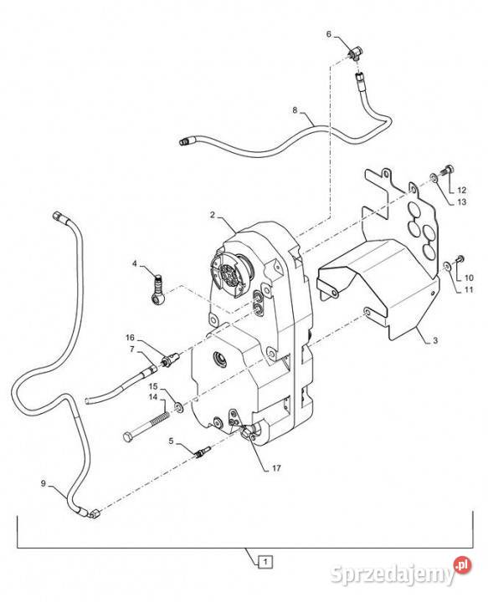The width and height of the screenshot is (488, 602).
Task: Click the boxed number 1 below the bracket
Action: [x=265, y=562]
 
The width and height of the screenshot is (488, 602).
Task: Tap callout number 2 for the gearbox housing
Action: [x=213, y=215]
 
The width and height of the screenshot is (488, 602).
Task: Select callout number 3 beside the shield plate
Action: [x=435, y=340]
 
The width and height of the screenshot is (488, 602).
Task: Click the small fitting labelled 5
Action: [x=202, y=451]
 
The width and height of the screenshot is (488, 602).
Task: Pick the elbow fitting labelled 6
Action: [x=355, y=54]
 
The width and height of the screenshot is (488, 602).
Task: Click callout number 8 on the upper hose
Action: [x=295, y=110]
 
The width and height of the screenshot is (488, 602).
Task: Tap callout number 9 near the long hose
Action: [x=43, y=483]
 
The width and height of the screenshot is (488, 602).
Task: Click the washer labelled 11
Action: [x=447, y=265]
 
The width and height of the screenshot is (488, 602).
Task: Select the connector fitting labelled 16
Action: [x=171, y=359]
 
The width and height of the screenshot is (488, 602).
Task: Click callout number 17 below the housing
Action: [x=276, y=468]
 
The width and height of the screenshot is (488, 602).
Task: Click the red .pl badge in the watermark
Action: [x=462, y=565]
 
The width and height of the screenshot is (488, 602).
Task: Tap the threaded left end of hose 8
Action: [x=184, y=141]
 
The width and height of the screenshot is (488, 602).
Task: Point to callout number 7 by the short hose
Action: [x=131, y=349]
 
